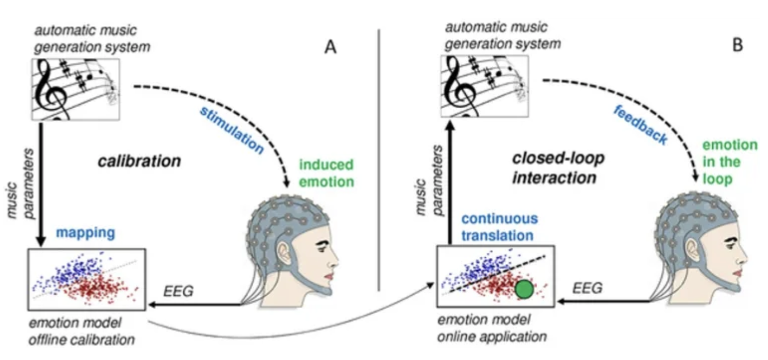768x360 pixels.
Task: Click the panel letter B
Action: [x=738, y=45]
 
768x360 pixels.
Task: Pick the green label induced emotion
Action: [x=326, y=172]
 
